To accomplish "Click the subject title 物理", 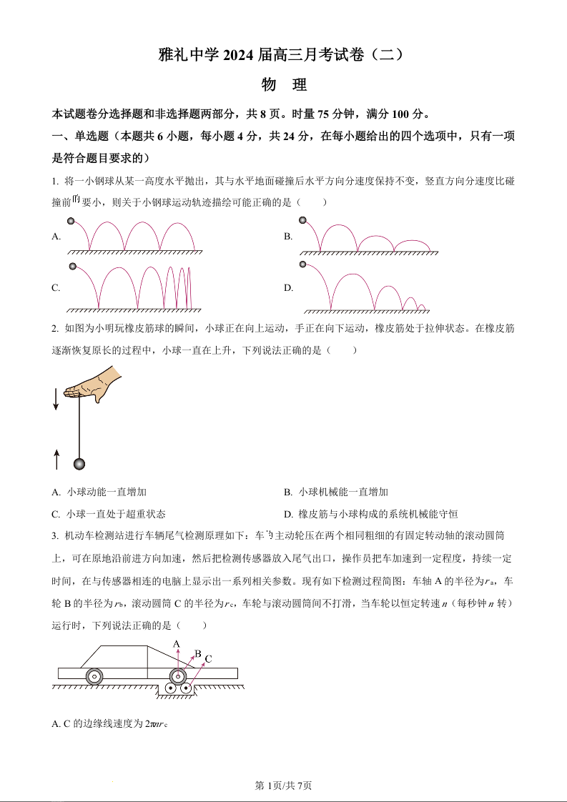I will (284, 85).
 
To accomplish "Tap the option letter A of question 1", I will (56, 236).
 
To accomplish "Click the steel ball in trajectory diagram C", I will (72, 267).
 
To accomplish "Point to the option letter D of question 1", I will (288, 288).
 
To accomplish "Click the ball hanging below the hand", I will (79, 465).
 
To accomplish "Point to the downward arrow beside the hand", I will (56, 397).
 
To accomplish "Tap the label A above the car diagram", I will (177, 644).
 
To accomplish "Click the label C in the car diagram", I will (209, 658).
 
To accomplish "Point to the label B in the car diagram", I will (198, 653).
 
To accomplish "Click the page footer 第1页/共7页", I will (284, 786).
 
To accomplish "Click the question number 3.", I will (55, 535).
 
